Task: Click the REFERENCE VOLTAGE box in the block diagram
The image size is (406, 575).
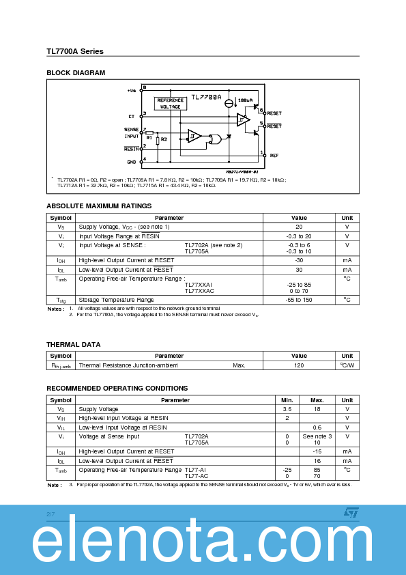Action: click(171, 103)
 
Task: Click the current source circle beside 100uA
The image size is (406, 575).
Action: click(229, 103)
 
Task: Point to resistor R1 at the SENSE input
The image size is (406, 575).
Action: click(149, 133)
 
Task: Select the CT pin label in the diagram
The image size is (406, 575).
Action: click(131, 116)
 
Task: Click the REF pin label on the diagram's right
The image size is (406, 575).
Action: click(274, 155)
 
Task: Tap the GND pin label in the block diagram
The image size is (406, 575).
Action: click(131, 162)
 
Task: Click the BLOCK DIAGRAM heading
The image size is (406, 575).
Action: click(76, 72)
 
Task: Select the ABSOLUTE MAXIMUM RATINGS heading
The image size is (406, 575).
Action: click(99, 206)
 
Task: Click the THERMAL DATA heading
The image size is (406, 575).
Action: click(73, 344)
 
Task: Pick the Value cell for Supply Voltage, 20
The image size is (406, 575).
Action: click(299, 227)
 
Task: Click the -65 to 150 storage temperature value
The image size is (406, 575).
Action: click(299, 300)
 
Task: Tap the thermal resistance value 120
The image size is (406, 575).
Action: click(299, 365)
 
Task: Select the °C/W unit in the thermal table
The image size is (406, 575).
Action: click(347, 365)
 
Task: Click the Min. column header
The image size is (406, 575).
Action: click(287, 400)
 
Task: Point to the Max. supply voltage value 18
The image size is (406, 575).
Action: click(317, 409)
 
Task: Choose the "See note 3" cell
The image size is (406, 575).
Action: click(317, 436)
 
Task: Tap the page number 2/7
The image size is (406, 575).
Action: click(50, 514)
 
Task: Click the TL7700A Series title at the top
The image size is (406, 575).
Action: click(75, 51)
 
